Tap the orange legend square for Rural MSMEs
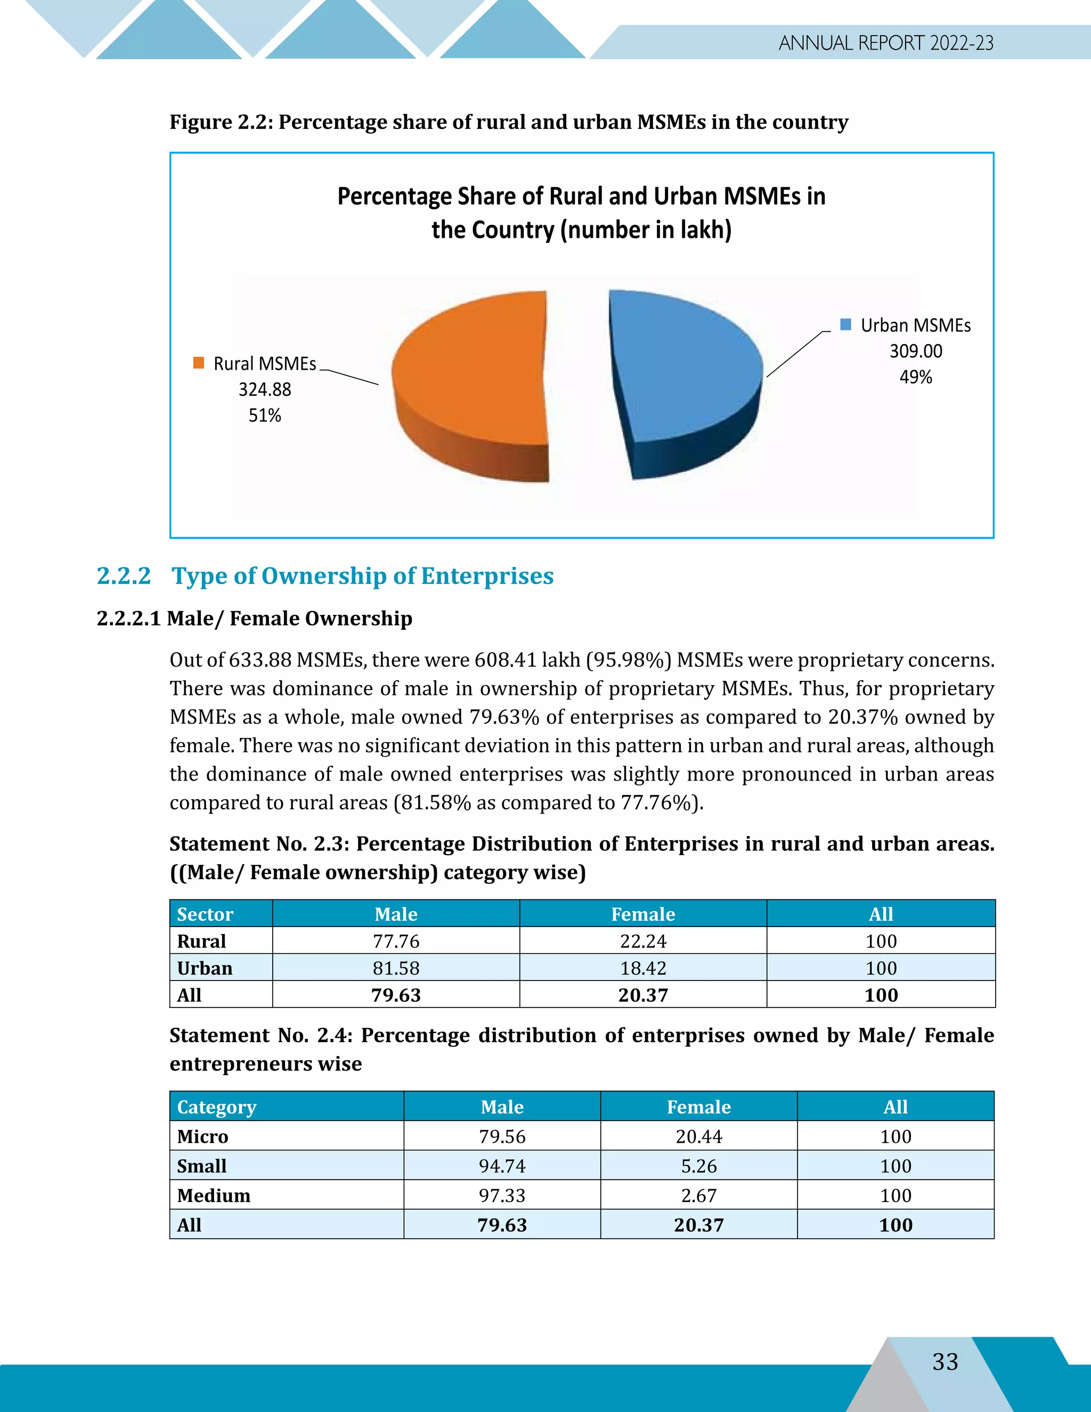pos(198,363)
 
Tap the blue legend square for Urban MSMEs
pos(845,324)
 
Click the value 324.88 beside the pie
pos(264,389)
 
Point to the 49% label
pos(915,377)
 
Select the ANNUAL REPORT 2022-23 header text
pos(885,43)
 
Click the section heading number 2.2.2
pos(124,575)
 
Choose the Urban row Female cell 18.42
pos(642,968)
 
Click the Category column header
pos(216,1107)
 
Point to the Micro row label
pos(202,1137)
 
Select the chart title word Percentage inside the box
pos(394,197)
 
